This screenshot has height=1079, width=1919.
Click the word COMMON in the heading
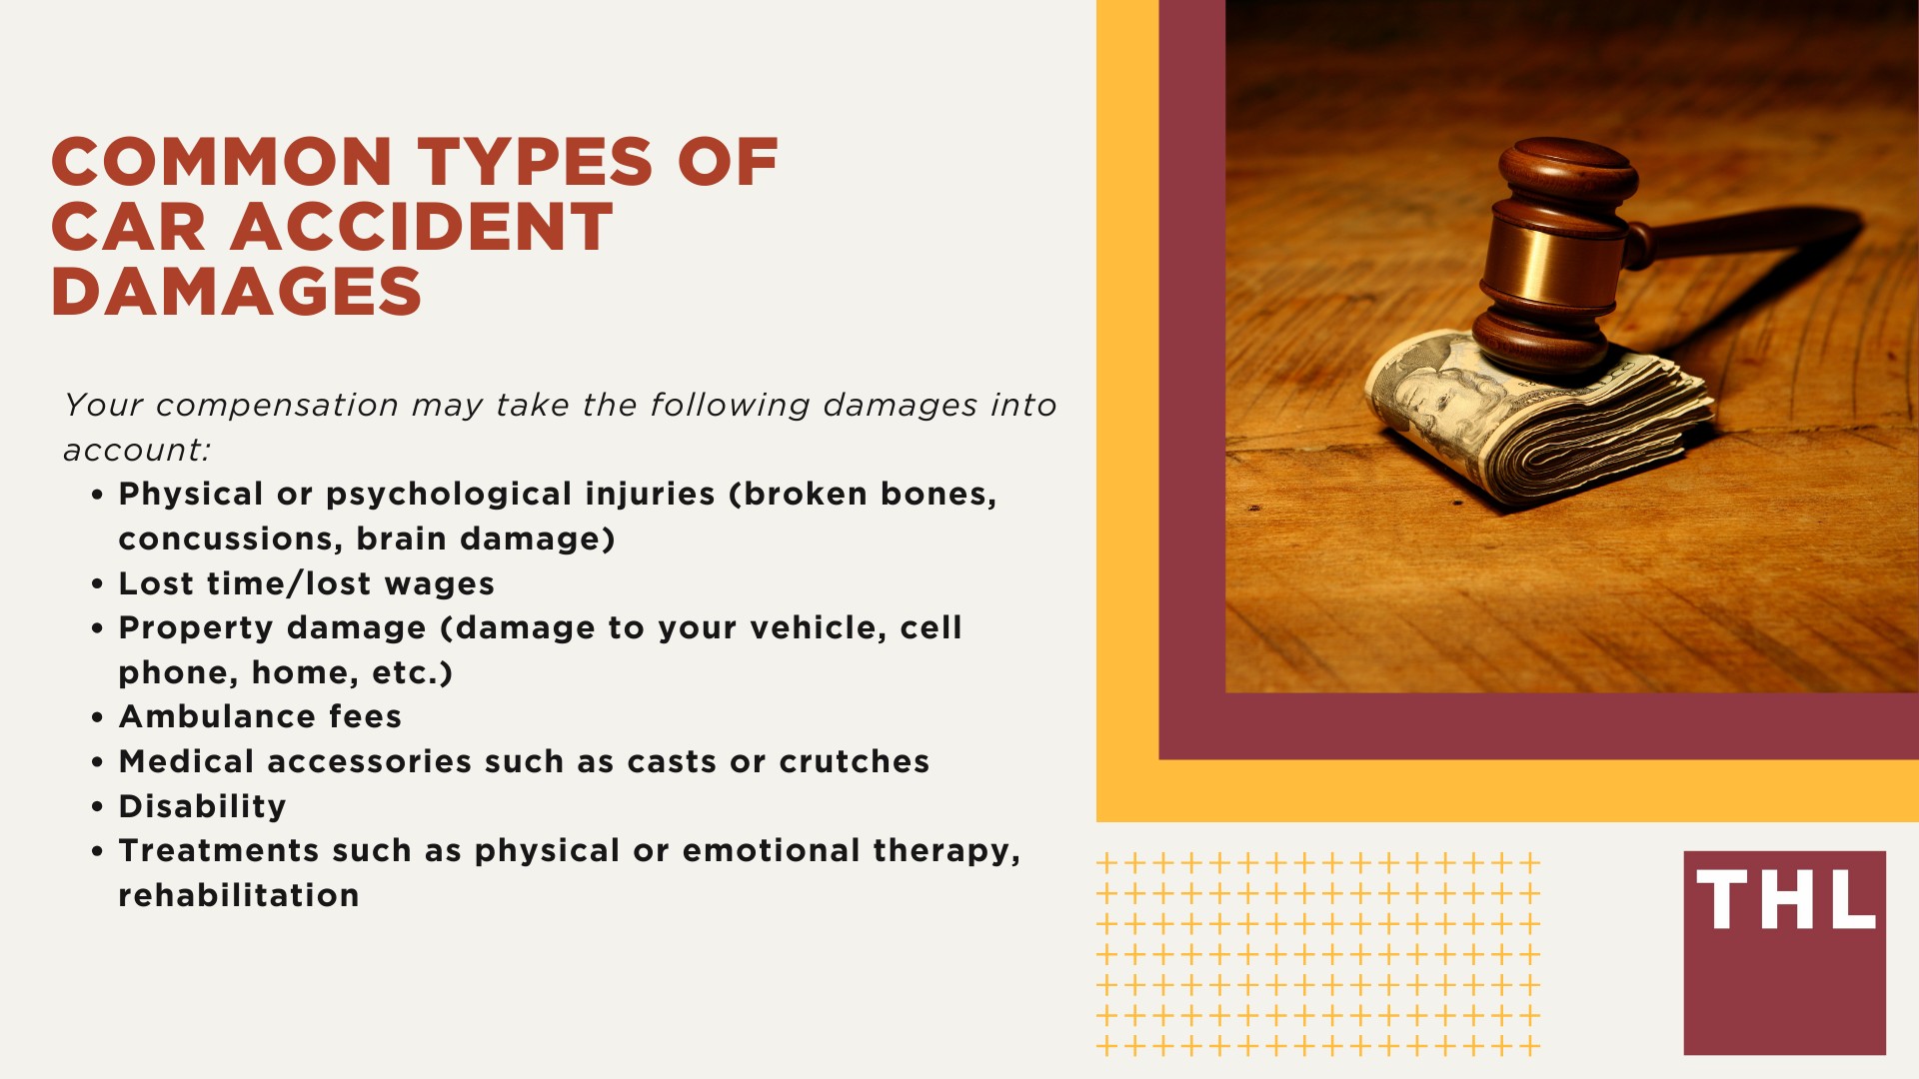(221, 162)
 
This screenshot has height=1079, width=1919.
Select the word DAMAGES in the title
(237, 292)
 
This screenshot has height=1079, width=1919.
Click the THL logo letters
(1785, 899)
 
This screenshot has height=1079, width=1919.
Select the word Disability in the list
(202, 806)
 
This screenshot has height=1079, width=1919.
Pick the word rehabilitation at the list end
(239, 895)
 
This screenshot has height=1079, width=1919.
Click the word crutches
(855, 761)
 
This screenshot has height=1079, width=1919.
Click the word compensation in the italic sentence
(278, 406)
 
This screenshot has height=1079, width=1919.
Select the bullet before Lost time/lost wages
(97, 584)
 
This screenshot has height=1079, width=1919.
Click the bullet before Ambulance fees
(97, 717)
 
